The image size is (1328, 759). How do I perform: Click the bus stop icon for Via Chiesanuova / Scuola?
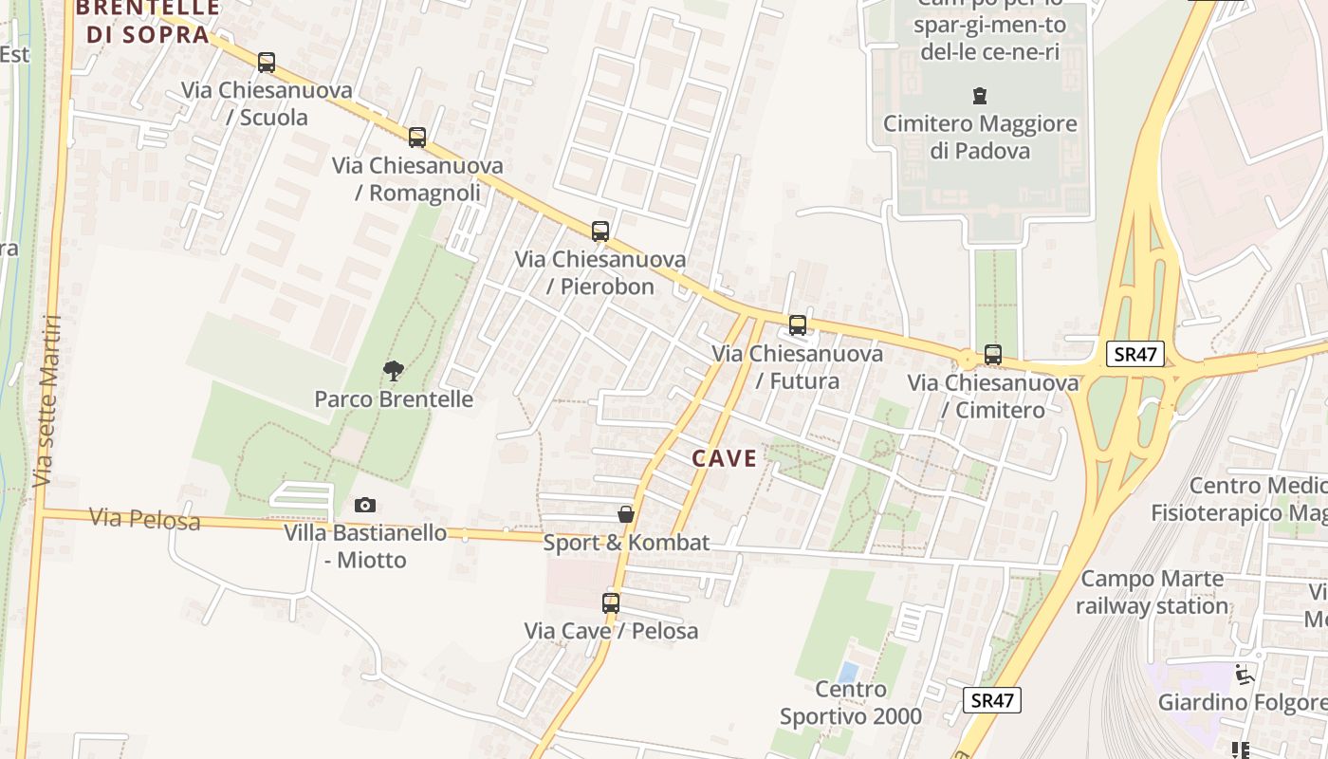tap(267, 63)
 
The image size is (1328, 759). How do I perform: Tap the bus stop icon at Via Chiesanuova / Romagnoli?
tap(417, 138)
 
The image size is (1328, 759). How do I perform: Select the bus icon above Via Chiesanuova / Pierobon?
tap(600, 231)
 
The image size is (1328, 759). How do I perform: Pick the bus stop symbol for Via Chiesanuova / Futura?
tap(798, 325)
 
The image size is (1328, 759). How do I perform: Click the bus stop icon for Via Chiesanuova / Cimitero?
tap(993, 355)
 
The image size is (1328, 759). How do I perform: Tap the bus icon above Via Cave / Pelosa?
tap(611, 602)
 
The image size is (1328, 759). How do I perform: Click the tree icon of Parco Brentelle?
tap(394, 371)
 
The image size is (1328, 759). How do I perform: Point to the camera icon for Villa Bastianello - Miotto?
tap(365, 505)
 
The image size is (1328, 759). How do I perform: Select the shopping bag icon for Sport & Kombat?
tap(626, 514)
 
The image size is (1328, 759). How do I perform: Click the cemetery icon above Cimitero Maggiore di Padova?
tap(979, 96)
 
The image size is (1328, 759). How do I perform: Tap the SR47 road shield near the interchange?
tap(1135, 354)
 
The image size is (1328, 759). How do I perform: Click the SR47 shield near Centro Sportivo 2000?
tap(992, 701)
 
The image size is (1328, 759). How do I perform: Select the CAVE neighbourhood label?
tap(725, 459)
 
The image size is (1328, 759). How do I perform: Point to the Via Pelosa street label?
tap(145, 519)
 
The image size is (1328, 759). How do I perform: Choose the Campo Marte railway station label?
tap(1152, 592)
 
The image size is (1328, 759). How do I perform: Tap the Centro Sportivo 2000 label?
tap(851, 702)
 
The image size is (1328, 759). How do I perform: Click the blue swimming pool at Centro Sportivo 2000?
tap(849, 672)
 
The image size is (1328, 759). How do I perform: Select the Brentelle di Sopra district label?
tap(147, 21)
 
